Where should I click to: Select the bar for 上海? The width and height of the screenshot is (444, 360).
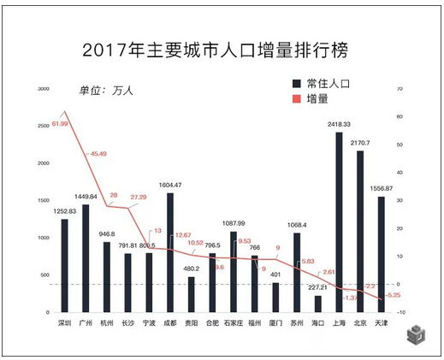[339, 222]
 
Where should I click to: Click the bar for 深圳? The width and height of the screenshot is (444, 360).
[64, 265]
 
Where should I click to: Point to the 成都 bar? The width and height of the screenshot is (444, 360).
[169, 252]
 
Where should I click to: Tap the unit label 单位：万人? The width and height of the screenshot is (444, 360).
[108, 91]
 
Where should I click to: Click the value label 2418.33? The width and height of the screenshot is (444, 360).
[339, 125]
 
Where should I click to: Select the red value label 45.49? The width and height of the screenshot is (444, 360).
[97, 154]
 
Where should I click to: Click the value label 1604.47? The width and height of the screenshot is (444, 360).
[170, 185]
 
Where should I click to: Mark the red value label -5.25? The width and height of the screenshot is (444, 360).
[394, 295]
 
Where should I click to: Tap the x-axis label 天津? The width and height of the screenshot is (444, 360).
[382, 324]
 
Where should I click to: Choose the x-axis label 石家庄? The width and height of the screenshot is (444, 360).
[233, 324]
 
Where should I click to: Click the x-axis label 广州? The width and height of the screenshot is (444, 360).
[86, 324]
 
